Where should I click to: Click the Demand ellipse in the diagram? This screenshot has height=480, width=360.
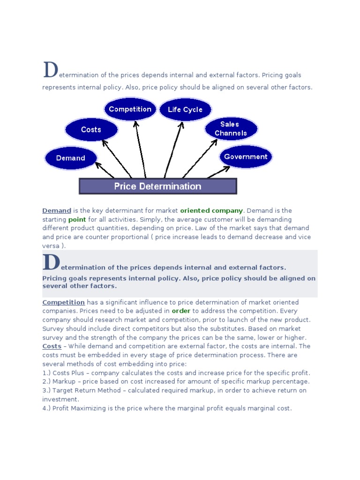click(x=71, y=158)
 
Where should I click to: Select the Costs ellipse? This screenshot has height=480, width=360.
click(x=91, y=129)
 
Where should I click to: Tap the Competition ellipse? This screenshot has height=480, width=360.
click(x=130, y=109)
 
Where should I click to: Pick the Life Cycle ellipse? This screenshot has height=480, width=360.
click(x=185, y=110)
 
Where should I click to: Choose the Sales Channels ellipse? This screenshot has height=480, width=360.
click(x=231, y=128)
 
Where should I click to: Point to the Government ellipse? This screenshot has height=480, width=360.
click(x=246, y=157)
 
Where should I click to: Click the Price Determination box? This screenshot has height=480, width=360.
click(x=157, y=186)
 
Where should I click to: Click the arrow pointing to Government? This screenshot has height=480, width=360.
click(x=218, y=172)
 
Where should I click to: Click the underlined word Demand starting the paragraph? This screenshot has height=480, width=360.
click(x=57, y=211)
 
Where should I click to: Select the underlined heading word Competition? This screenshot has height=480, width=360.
click(x=64, y=302)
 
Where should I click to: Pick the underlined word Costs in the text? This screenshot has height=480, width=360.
click(x=52, y=346)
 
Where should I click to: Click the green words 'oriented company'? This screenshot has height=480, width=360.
click(x=211, y=211)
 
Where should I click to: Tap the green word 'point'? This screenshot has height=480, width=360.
click(x=77, y=219)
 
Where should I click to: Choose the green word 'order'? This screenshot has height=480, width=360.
click(x=181, y=311)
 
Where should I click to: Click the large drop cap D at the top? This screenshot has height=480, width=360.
click(x=50, y=70)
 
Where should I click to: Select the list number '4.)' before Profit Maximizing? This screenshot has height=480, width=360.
click(x=47, y=408)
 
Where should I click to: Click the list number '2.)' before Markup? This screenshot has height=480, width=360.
click(x=47, y=382)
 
